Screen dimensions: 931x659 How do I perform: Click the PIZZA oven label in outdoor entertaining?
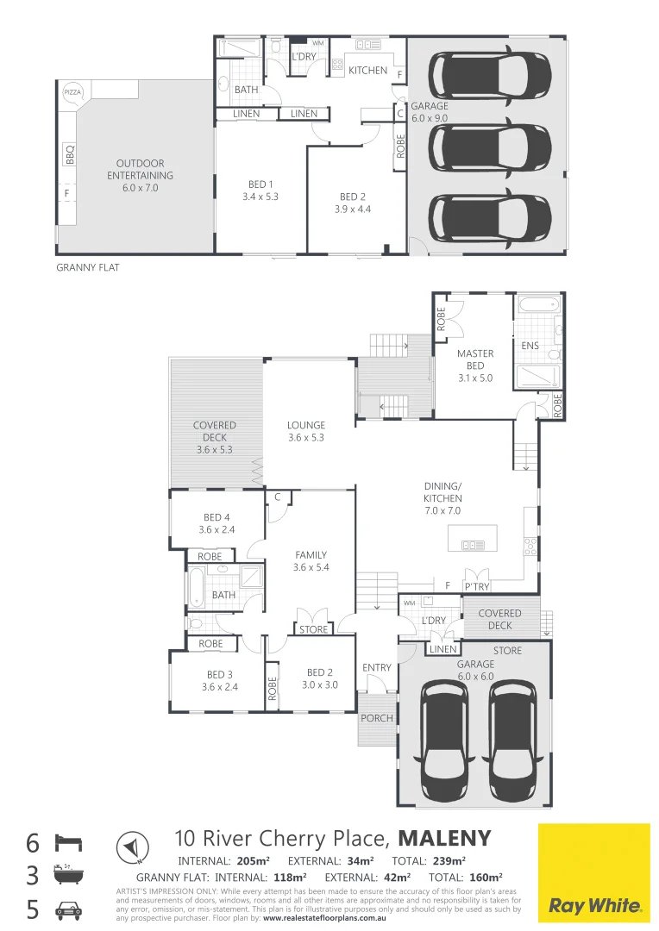72,91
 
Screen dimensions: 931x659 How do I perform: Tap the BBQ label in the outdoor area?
70,154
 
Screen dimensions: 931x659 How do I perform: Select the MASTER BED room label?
475,359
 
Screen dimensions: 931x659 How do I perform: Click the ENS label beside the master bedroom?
530,346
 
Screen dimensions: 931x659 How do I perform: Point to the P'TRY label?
477,586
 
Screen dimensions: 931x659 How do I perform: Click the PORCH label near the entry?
377,718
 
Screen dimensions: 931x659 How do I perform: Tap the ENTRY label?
377,667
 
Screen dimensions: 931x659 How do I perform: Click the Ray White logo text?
595,906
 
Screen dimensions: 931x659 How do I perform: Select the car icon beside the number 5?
69,909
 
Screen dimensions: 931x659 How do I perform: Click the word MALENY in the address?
445,838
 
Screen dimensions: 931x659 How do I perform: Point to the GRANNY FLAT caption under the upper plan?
88,268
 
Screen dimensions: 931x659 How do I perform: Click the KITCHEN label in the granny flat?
367,70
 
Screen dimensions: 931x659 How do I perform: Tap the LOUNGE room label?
306,425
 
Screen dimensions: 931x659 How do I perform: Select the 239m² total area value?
447,860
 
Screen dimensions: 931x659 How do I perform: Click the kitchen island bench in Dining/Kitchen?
474,540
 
